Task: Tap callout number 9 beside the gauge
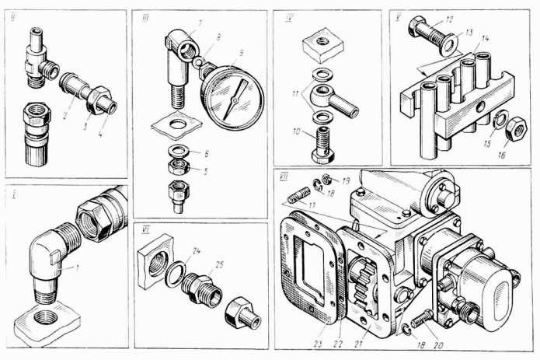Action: tap(242, 52)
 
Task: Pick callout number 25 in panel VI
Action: tap(220, 265)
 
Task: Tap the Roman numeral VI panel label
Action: tap(145, 230)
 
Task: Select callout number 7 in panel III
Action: tap(200, 23)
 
